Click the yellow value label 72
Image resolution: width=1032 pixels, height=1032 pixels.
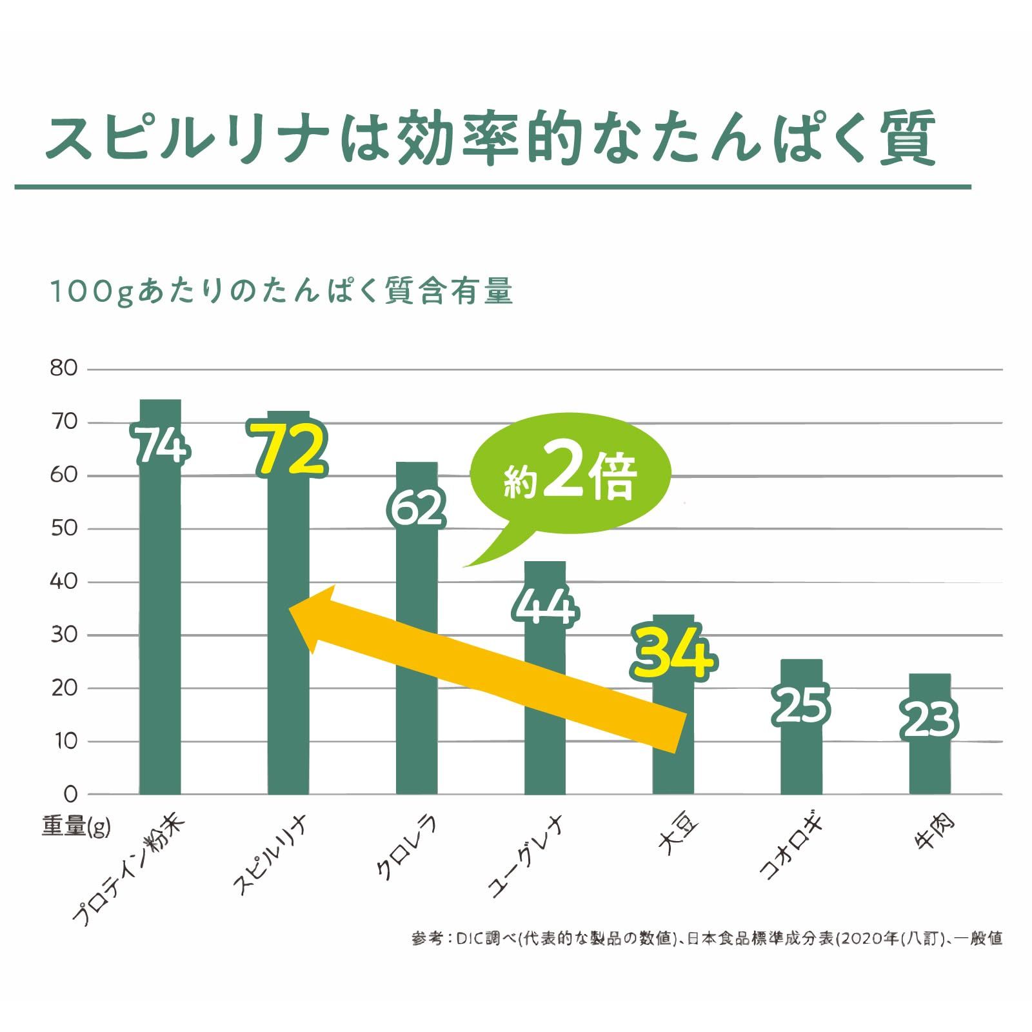[289, 450]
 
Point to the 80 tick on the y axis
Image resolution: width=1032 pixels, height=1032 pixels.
[63, 369]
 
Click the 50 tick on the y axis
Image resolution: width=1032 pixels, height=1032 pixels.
[63, 529]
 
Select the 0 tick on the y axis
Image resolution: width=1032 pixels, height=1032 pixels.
[70, 794]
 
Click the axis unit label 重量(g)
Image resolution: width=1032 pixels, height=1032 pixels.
[76, 826]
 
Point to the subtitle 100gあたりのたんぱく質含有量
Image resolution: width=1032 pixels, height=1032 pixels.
[281, 292]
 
